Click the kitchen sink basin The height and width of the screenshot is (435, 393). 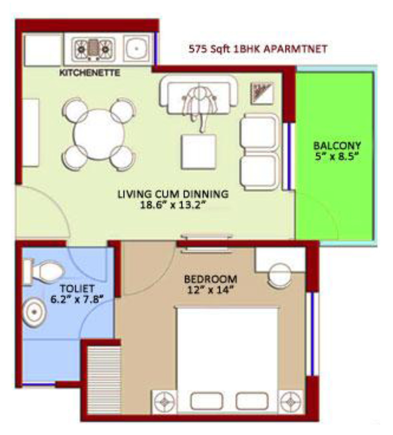click(x=137, y=48)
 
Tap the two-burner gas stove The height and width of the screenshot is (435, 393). click(x=93, y=49)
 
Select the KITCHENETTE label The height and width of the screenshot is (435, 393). click(x=90, y=73)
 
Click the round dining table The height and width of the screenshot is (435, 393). click(x=99, y=134)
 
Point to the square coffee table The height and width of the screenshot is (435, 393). click(x=198, y=151)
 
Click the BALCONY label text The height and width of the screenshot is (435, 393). click(x=337, y=145)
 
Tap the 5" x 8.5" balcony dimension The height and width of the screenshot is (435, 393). click(x=337, y=157)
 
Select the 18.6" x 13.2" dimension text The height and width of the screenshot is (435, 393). click(x=173, y=205)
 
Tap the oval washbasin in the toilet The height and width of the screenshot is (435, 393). click(x=34, y=312)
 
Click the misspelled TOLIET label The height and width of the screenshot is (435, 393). click(x=77, y=289)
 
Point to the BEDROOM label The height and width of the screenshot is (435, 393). click(x=211, y=279)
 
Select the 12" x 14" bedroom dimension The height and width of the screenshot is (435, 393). click(x=210, y=290)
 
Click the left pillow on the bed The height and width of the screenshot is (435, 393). click(x=207, y=401)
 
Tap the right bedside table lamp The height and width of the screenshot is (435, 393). click(x=290, y=402)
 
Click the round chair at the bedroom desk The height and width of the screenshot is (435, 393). click(x=280, y=275)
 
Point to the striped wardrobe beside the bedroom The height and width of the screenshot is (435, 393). click(x=104, y=380)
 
